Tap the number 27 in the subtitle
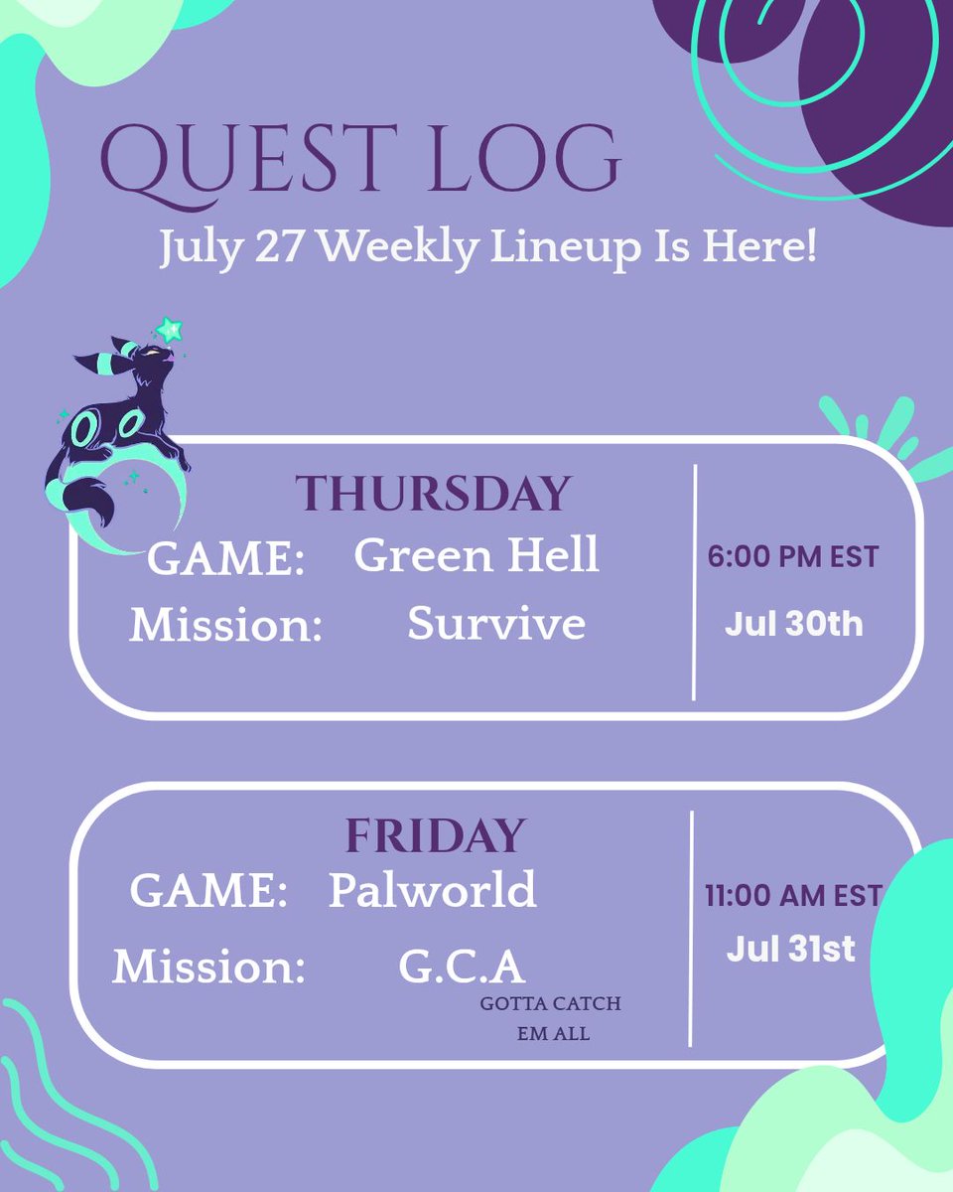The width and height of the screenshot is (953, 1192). (x=278, y=246)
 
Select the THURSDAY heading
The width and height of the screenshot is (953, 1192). (x=433, y=493)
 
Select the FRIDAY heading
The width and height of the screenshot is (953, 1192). (x=435, y=835)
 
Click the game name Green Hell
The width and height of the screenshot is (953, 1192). (x=476, y=554)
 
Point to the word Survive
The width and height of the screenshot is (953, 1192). (x=496, y=623)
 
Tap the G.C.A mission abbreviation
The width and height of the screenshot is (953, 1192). (x=462, y=966)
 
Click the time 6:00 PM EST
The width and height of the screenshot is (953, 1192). (x=793, y=556)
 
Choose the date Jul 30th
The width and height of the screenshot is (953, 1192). (x=793, y=623)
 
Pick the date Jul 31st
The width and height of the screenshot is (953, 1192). (x=791, y=949)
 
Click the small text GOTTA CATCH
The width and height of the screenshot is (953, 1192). (x=550, y=1003)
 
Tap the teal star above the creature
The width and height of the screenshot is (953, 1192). (x=169, y=330)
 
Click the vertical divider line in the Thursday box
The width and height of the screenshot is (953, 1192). (x=695, y=582)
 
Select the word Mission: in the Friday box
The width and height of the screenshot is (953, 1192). (x=208, y=967)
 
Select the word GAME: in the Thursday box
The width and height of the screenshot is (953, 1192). (x=226, y=558)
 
